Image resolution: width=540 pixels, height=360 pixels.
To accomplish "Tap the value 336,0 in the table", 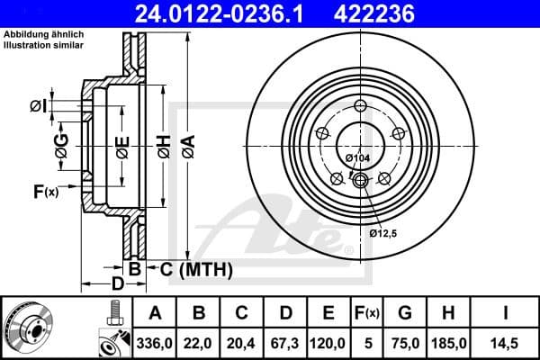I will [x=154, y=341].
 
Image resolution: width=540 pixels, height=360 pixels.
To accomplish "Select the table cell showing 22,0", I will [x=200, y=341].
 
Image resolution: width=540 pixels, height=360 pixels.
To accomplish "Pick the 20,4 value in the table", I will [x=242, y=341].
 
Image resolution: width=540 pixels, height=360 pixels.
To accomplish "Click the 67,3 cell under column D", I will [x=285, y=341].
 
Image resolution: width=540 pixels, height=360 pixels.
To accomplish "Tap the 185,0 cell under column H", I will [x=447, y=341].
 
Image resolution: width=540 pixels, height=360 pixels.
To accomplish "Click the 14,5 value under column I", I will [x=504, y=341].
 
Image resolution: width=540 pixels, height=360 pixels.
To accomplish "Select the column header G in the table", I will [x=405, y=313].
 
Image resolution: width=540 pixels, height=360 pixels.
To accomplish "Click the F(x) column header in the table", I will [x=367, y=313].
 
